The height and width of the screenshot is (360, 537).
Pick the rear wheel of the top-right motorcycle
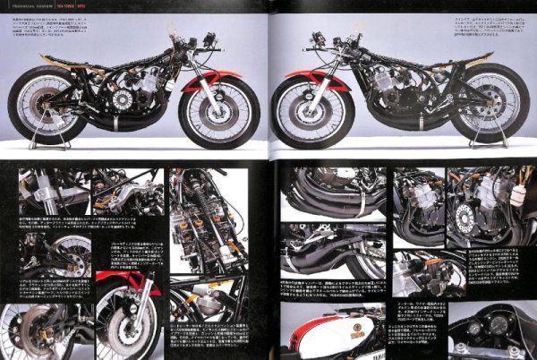pos(487,102)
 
